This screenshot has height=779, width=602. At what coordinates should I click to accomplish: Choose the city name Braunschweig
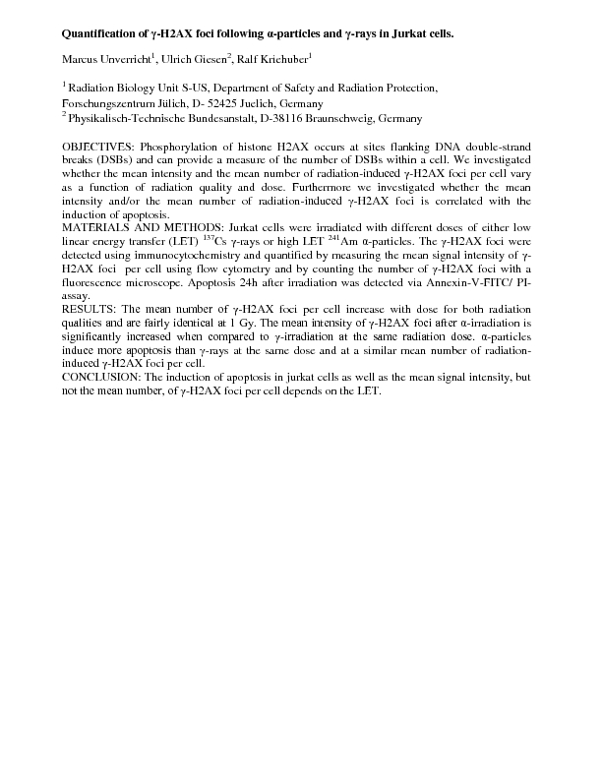coord(346,118)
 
